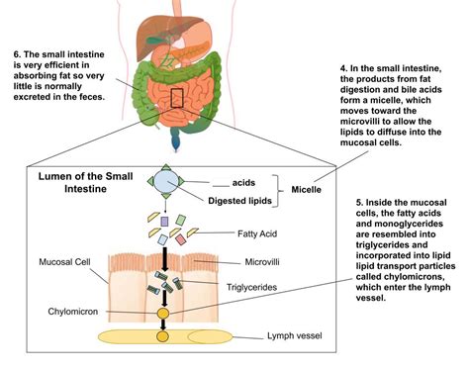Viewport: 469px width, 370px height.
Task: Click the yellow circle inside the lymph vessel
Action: click(x=162, y=337)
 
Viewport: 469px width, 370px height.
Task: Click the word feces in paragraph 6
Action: click(x=110, y=99)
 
